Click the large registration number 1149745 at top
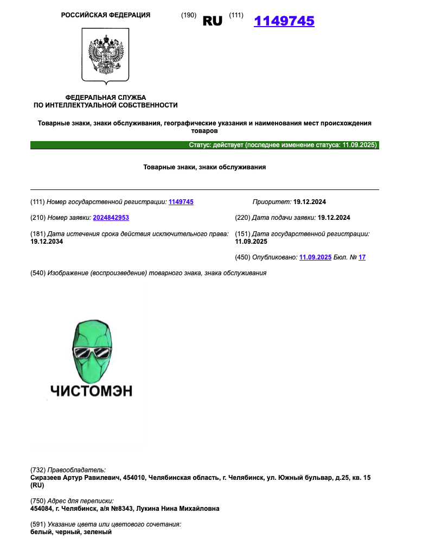(x=284, y=21)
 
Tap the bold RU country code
(x=213, y=21)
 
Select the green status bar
(x=204, y=145)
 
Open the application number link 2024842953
(x=111, y=218)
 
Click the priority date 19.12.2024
(x=310, y=202)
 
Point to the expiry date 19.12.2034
(x=47, y=242)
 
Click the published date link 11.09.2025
(x=315, y=257)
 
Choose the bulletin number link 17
(x=362, y=257)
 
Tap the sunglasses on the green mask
(x=91, y=352)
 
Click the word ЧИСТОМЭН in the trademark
(x=91, y=391)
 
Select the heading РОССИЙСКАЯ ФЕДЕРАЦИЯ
(x=106, y=15)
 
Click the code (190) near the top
(x=188, y=15)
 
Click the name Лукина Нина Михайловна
(x=184, y=509)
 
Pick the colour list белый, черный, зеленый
(x=71, y=532)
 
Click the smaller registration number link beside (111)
(x=181, y=202)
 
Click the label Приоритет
(x=272, y=202)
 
